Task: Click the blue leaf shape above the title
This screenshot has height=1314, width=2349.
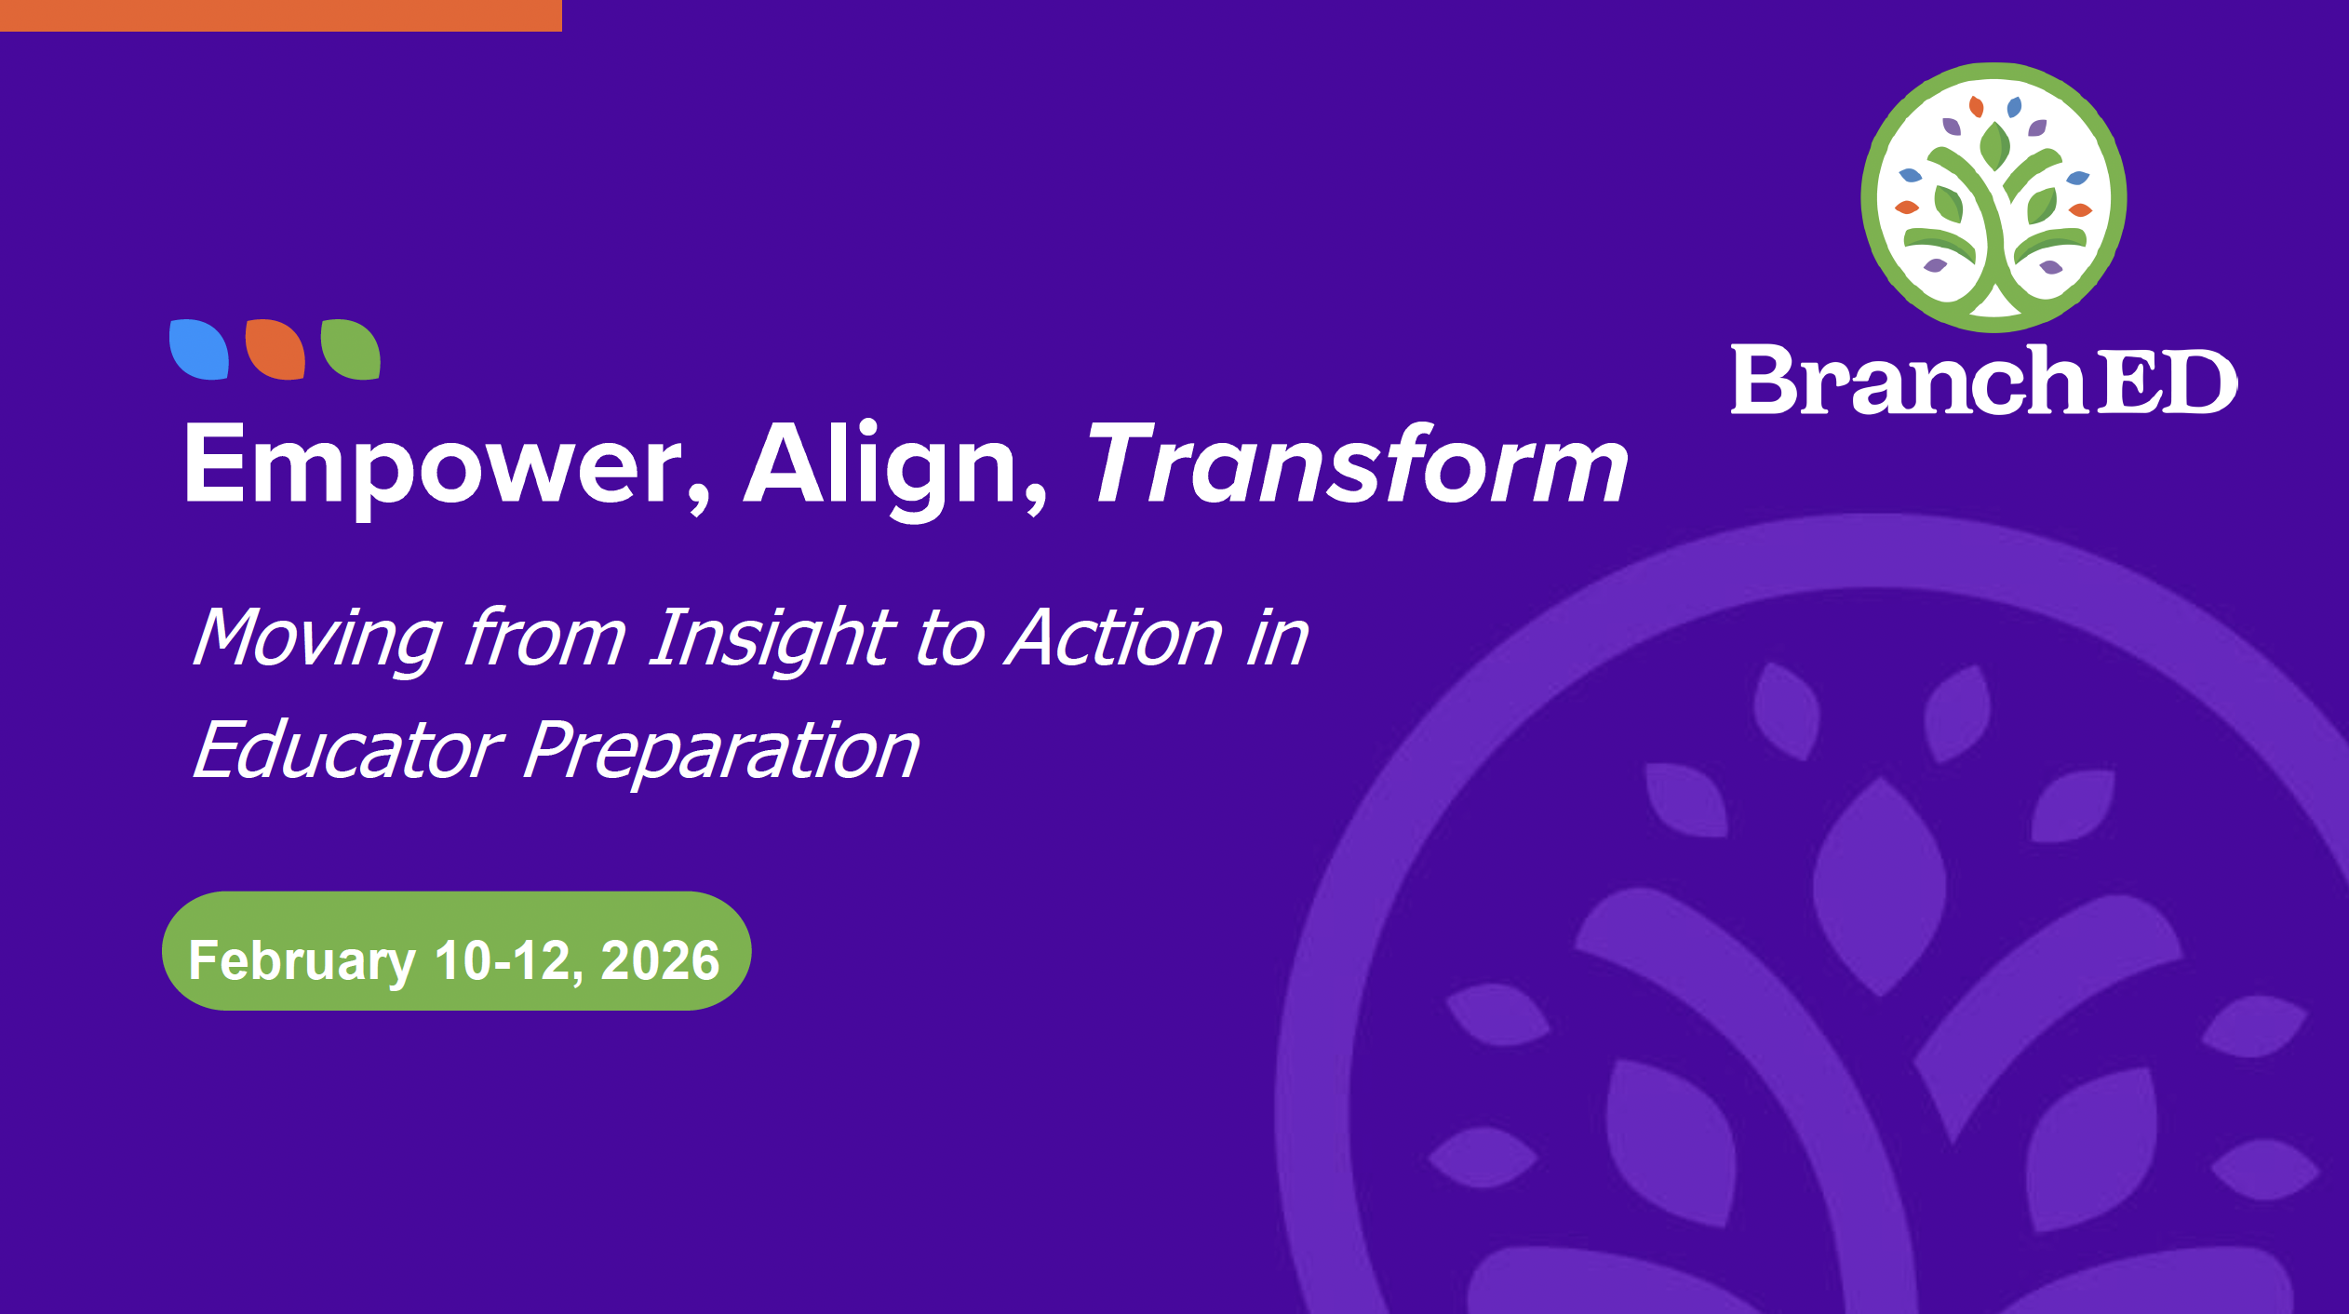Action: tap(199, 349)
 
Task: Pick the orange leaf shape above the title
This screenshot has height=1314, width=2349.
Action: tap(275, 349)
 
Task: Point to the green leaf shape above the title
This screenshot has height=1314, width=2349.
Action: tap(351, 349)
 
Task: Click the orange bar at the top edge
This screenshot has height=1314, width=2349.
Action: tap(281, 16)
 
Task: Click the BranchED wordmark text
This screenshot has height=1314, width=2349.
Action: tap(1984, 379)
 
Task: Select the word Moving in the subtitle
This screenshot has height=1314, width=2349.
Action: tap(316, 639)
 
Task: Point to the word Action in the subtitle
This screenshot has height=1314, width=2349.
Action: tap(1115, 637)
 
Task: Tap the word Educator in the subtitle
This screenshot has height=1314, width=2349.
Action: tap(348, 750)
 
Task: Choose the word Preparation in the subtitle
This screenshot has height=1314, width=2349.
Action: tap(721, 754)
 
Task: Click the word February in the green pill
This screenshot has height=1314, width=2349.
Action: tap(302, 961)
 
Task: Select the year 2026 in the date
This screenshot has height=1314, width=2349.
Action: tap(660, 960)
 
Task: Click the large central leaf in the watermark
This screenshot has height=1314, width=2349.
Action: tap(1880, 886)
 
